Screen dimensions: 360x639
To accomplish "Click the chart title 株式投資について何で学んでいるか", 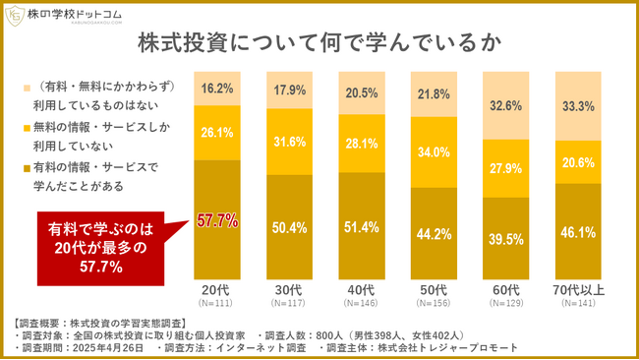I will [319, 44].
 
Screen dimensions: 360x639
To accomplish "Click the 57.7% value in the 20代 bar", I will [217, 221].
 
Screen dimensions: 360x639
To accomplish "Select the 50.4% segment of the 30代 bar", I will [292, 228].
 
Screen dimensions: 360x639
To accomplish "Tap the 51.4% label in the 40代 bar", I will [364, 227].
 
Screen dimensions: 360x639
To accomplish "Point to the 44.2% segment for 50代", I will [436, 234].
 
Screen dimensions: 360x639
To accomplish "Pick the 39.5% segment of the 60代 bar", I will [507, 240].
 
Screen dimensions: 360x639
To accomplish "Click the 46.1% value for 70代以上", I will [579, 233].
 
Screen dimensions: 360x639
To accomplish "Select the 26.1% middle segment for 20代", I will [217, 132].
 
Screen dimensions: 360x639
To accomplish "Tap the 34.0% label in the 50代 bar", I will [436, 152].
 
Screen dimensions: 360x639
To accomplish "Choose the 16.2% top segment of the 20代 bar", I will [217, 88].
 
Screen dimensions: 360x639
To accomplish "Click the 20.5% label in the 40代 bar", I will [364, 92].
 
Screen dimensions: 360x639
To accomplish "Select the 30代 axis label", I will [292, 289].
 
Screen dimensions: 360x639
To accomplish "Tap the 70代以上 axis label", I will [579, 289].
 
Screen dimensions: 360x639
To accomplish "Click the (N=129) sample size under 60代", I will [507, 303].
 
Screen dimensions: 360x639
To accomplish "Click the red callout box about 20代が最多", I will [98, 247].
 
